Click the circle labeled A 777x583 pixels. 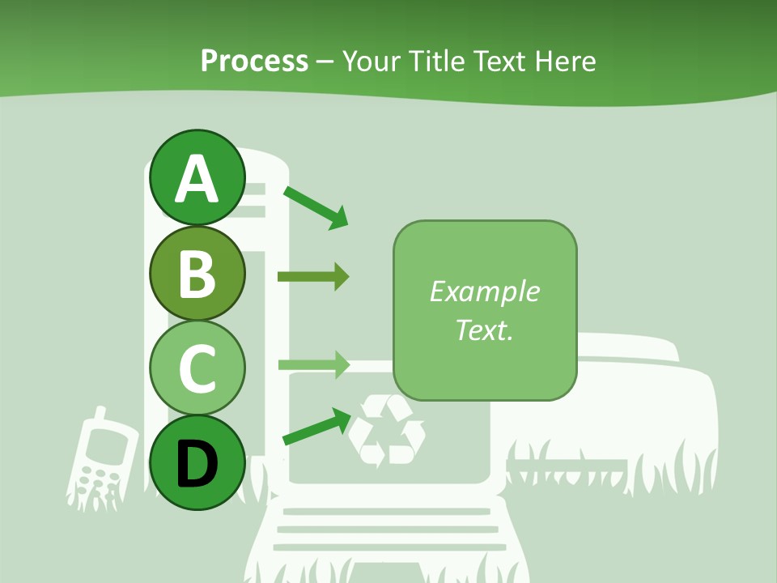click(197, 177)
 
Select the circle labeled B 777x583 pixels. click(197, 273)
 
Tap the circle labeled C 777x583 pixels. click(197, 368)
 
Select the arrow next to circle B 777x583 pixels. click(312, 277)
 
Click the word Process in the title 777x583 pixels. click(254, 61)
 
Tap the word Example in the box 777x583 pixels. click(485, 292)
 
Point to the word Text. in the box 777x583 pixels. click(485, 330)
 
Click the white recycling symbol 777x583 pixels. click(386, 430)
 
